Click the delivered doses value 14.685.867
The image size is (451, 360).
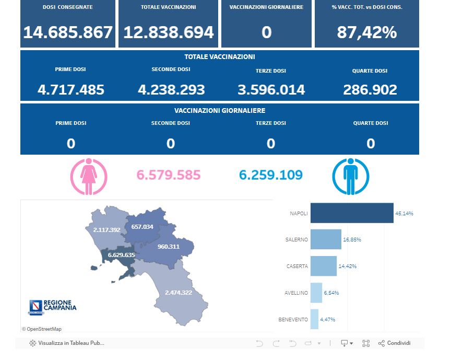click(x=68, y=32)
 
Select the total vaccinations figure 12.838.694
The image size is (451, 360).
click(x=169, y=32)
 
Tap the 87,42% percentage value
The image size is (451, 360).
click(x=366, y=32)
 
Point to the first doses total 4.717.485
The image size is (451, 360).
click(x=71, y=90)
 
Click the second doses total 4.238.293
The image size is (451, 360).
click(x=171, y=90)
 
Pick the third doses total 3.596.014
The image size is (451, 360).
click(x=271, y=90)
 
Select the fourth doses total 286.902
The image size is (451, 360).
click(x=370, y=90)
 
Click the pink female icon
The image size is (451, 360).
click(x=89, y=177)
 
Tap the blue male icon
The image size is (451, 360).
click(x=350, y=177)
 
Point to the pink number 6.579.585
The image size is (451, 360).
click(x=169, y=175)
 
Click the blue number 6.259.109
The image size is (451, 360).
click(x=271, y=175)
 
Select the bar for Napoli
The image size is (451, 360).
click(x=352, y=213)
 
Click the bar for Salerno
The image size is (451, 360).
click(x=326, y=239)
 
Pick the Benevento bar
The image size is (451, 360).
click(x=314, y=319)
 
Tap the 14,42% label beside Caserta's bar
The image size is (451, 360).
click(x=348, y=266)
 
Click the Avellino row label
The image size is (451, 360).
click(x=296, y=293)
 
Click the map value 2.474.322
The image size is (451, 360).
click(x=178, y=292)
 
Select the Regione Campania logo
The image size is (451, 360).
click(x=52, y=307)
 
